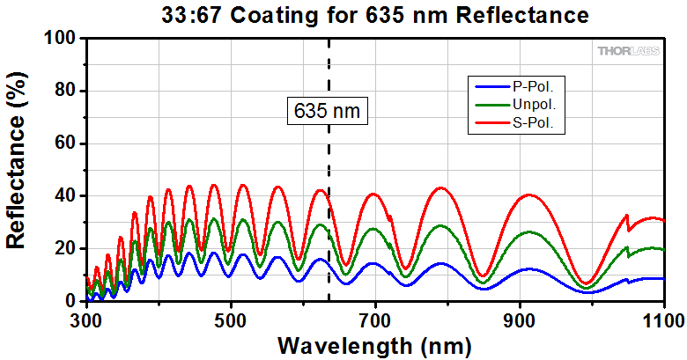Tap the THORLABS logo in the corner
(x=629, y=52)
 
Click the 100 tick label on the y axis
(x=60, y=39)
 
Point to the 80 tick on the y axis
(x=65, y=92)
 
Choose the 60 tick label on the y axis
(x=65, y=143)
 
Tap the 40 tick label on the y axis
(x=65, y=196)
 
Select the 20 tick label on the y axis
(x=65, y=249)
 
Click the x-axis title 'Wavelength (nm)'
(x=375, y=343)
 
